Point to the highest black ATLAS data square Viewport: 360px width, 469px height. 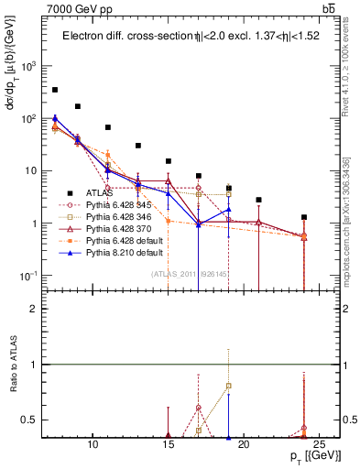point(55,90)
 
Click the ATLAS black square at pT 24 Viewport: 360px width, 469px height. point(304,217)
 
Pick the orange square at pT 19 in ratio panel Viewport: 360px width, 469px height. point(228,386)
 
